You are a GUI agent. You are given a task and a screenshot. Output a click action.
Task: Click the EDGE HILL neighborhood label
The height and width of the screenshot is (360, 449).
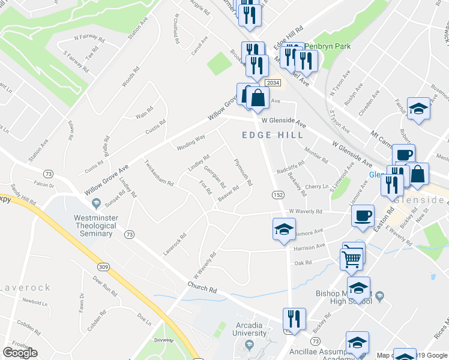click(x=273, y=135)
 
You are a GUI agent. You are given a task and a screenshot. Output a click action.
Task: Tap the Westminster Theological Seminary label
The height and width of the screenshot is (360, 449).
click(x=94, y=226)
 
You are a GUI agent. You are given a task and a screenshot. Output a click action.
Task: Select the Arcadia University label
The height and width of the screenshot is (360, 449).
click(x=249, y=329)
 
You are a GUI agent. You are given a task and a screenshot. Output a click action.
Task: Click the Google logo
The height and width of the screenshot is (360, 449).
click(x=20, y=353)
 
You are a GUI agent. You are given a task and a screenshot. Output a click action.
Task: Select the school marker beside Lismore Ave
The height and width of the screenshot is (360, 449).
click(x=284, y=229)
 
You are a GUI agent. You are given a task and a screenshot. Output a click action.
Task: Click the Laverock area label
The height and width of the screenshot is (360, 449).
click(x=25, y=287)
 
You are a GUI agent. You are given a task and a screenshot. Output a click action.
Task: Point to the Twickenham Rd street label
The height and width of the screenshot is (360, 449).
click(x=158, y=173)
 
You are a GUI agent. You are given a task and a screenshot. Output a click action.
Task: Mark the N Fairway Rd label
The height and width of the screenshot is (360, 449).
click(x=86, y=37)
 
